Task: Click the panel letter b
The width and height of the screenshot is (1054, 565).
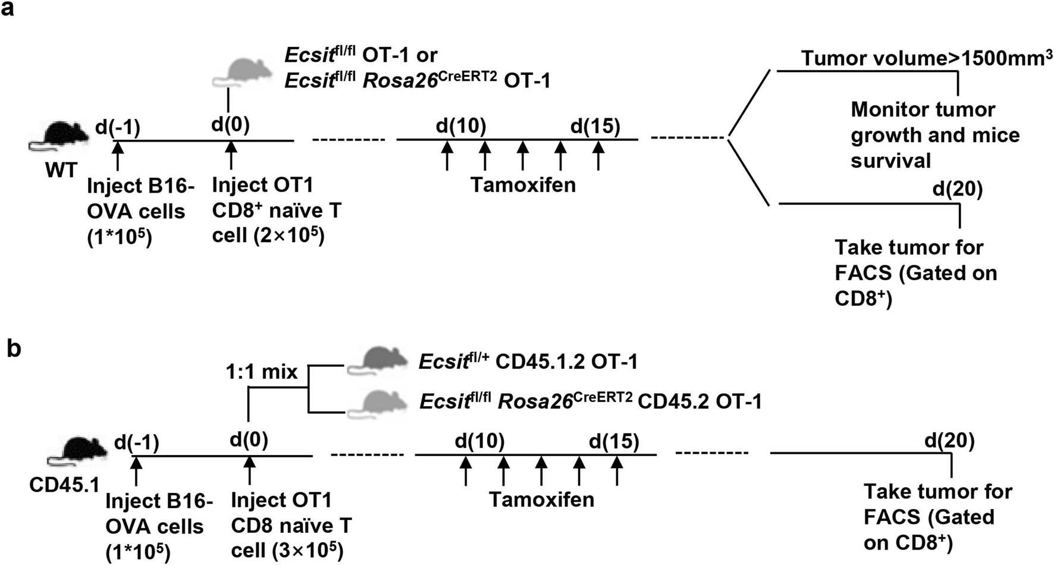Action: pos(14,349)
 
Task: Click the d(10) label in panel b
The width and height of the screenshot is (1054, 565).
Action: pos(479,441)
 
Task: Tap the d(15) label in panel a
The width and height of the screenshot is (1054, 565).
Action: pos(595,126)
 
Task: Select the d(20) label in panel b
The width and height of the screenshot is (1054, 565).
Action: pos(949,441)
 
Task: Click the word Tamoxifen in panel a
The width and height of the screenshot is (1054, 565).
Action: pos(523,185)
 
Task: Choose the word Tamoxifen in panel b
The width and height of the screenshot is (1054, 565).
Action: pos(542,500)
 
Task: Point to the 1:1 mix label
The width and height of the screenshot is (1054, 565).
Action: pos(261,372)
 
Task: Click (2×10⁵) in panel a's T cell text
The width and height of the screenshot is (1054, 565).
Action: pos(289,236)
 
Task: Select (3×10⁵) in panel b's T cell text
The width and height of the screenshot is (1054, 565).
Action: pos(308,551)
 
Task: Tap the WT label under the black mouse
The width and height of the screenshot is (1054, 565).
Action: pos(61,171)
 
